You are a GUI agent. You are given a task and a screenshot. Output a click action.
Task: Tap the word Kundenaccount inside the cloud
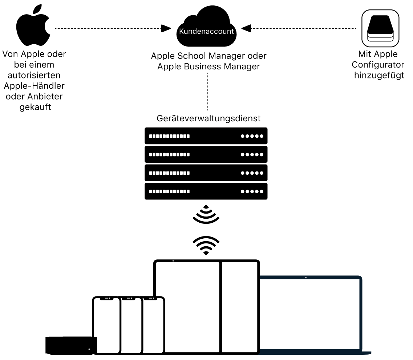206,31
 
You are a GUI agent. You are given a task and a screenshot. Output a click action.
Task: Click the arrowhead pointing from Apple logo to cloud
166,28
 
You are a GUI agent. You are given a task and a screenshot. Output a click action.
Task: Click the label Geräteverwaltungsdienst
208,118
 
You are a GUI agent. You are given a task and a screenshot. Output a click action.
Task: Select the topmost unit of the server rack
206,136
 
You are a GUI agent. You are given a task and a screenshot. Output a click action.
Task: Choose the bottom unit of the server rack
206,191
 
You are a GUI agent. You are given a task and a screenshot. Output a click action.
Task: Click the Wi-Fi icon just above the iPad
206,245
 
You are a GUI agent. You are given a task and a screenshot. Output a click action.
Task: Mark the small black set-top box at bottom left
71,345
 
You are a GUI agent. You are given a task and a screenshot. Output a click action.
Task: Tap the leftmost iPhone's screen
106,325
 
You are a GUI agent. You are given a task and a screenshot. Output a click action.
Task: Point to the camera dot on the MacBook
306,278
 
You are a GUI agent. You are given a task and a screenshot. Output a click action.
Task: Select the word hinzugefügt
379,76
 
